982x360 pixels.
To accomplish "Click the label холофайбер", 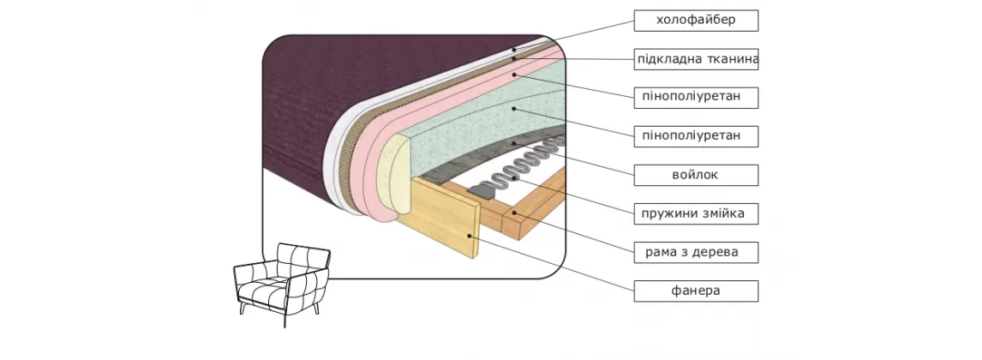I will [x=695, y=20].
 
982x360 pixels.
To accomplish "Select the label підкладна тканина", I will [x=695, y=59].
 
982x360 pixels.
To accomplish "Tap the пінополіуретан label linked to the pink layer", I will [x=695, y=97].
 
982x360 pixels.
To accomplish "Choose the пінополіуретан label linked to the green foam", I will [x=695, y=135].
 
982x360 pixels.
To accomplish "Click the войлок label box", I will [x=695, y=175].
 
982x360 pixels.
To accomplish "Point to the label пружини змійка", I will [x=695, y=213].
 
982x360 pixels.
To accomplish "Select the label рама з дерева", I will [x=695, y=252].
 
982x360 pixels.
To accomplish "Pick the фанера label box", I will [x=695, y=291].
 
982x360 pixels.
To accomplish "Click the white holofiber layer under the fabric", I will [x=338, y=163].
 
